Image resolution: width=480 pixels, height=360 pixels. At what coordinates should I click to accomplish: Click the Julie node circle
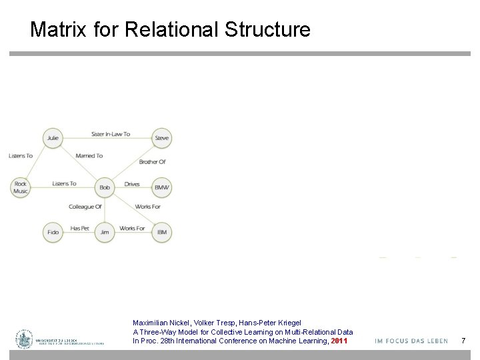coord(52,138)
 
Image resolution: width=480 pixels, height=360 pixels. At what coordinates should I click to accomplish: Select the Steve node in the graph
coord(162,138)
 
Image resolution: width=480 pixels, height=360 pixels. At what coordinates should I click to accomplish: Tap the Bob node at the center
coord(105,187)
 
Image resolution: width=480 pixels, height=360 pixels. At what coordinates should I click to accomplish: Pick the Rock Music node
coord(21,187)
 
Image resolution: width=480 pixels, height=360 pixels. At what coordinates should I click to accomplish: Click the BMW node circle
coord(162,187)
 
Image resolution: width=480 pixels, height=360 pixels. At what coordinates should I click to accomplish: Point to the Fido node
coord(53,232)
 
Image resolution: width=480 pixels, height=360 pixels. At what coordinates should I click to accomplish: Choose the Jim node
coord(105,232)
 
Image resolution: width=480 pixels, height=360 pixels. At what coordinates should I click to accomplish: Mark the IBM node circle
coord(162,232)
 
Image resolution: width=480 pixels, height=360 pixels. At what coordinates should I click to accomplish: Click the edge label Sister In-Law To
coord(111,134)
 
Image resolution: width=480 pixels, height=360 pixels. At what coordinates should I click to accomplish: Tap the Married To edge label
coord(89,156)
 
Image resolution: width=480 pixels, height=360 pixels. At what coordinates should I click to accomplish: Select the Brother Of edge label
coord(152,162)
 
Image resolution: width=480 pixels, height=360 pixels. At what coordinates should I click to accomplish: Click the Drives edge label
coord(132,184)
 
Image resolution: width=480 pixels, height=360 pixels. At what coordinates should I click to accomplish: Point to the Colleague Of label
coord(85,207)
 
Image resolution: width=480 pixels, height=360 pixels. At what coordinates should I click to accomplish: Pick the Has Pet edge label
coord(79,229)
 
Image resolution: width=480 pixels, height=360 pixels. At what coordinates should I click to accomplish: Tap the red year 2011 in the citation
coord(339,341)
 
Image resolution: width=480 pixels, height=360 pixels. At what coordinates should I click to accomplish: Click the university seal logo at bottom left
coord(25,339)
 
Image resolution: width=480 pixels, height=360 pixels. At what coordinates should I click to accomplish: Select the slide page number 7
coord(463,341)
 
